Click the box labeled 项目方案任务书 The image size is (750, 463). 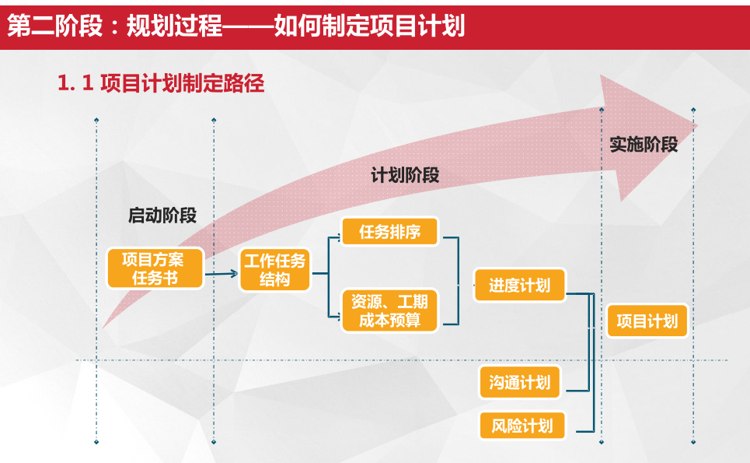click(x=155, y=268)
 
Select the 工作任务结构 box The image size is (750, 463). click(x=274, y=270)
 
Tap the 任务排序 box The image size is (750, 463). click(x=390, y=232)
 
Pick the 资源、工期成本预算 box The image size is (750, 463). click(x=390, y=310)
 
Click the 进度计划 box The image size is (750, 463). click(x=519, y=286)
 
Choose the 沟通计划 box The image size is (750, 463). click(x=520, y=382)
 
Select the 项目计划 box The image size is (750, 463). click(x=647, y=321)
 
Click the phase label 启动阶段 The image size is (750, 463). click(x=162, y=216)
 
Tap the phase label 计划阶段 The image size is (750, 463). click(x=405, y=176)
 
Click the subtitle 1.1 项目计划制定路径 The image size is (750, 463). click(x=161, y=84)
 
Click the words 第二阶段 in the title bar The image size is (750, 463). click(x=54, y=26)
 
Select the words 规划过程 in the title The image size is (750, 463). click(x=173, y=26)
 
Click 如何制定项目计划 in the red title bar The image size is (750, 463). click(x=369, y=26)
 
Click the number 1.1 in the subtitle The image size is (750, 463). click(x=75, y=84)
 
